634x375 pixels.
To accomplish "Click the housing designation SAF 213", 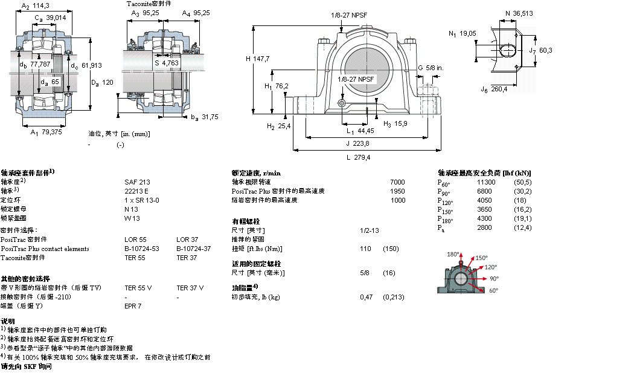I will coord(137,181).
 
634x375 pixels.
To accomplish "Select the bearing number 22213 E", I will coord(136,191).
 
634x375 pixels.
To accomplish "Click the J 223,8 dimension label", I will coord(357,143).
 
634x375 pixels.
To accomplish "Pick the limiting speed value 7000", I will coord(397,181).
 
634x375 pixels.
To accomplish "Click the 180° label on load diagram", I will coord(453,254).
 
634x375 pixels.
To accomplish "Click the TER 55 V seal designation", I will coord(138,287).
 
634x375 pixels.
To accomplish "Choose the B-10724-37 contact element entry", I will coord(193,248).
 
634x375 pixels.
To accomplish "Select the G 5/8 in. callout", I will coord(431,68).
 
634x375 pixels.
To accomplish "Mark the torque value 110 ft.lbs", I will coord(365,249).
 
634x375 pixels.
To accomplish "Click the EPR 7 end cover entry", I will coord(133,305).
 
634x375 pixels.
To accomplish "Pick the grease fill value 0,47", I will coord(366,297).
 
